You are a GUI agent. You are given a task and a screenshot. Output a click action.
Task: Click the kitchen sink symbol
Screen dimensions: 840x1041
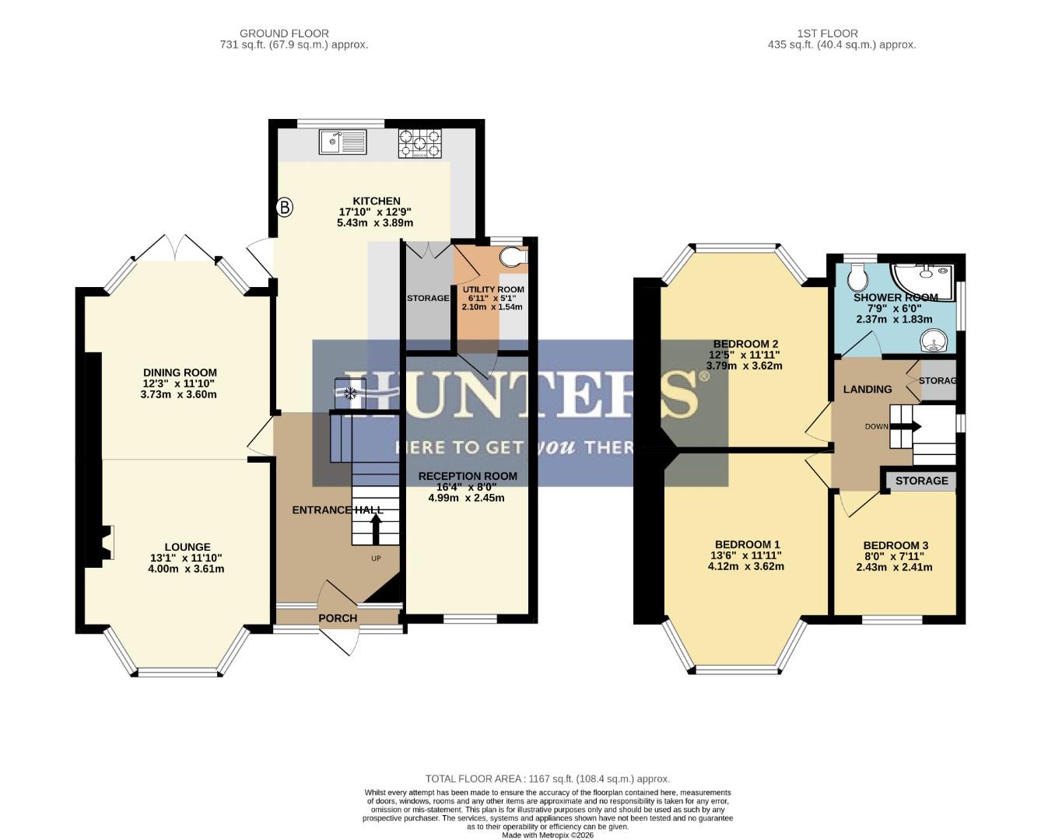point(342,142)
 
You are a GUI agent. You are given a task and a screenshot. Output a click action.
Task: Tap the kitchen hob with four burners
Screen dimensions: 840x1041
point(419,144)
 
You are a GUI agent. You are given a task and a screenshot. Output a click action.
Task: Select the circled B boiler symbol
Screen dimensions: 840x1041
point(285,207)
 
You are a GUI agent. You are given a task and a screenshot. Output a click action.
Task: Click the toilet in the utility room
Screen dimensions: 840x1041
point(513,257)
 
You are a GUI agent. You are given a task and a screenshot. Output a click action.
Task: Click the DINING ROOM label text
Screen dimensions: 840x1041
point(180,373)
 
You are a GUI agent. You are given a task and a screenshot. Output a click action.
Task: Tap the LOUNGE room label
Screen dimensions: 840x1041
point(187,547)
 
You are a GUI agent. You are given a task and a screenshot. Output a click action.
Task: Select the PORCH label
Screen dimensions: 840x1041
point(338,618)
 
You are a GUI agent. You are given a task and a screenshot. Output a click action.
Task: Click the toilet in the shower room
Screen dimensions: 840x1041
point(859,276)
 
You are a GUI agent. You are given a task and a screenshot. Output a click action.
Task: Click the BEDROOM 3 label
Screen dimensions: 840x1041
point(896,545)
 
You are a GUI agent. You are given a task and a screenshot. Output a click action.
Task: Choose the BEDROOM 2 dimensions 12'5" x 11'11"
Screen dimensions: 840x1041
point(745,355)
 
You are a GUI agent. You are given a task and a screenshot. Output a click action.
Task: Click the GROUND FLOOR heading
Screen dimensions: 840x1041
point(284,33)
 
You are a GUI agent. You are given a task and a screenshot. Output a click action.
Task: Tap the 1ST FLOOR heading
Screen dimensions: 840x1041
point(827,33)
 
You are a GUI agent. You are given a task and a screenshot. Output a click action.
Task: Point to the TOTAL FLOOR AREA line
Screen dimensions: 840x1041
point(547,779)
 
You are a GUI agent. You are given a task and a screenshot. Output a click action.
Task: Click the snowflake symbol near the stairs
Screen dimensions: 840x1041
point(351,394)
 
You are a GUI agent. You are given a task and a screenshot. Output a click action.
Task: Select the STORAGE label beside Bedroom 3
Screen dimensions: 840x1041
point(921,481)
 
